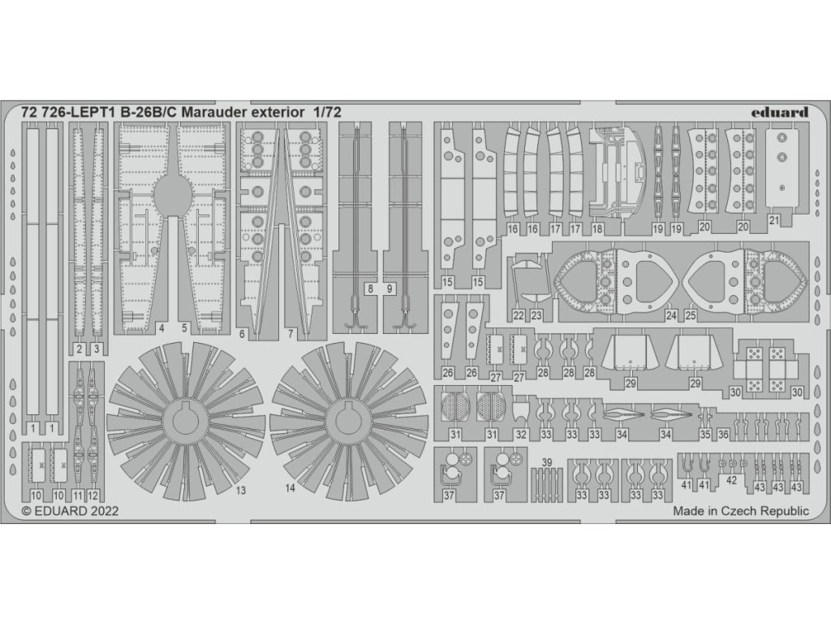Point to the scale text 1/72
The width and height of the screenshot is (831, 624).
pyautogui.click(x=322, y=112)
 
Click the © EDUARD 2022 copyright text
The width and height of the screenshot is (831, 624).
pyautogui.click(x=70, y=511)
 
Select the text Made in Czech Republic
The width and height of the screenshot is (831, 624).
pyautogui.click(x=741, y=511)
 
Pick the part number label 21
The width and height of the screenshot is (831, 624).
pyautogui.click(x=774, y=220)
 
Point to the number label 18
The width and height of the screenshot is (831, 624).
pyautogui.click(x=597, y=230)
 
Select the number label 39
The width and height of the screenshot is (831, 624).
pyautogui.click(x=548, y=462)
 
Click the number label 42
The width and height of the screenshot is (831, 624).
pyautogui.click(x=731, y=480)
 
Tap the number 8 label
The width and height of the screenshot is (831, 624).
pyautogui.click(x=370, y=288)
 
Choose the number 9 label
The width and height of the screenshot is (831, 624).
pyautogui.click(x=390, y=288)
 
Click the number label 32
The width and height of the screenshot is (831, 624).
pyautogui.click(x=521, y=435)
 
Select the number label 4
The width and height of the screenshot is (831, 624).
pyautogui.click(x=162, y=328)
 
